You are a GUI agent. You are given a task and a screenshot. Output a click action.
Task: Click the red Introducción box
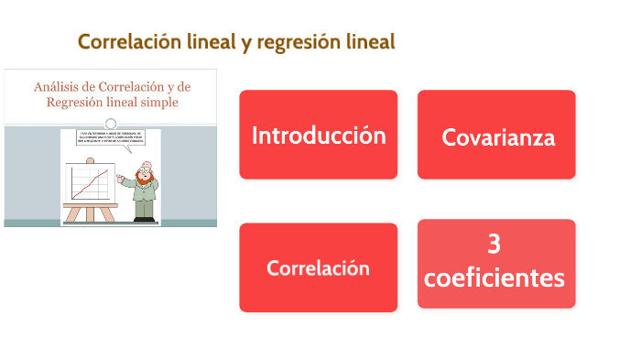(318, 135)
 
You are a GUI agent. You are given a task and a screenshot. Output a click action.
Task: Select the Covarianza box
(496, 135)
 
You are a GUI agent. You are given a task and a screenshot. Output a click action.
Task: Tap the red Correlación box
(318, 267)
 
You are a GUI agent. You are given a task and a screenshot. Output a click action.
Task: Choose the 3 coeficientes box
(496, 263)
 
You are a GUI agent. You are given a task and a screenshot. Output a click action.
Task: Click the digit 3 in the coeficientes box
(494, 245)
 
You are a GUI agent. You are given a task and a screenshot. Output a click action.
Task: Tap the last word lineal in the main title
(371, 42)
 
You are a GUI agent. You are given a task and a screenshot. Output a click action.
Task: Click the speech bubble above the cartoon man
(111, 140)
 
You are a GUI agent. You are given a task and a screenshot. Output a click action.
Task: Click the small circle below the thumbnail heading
(111, 124)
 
